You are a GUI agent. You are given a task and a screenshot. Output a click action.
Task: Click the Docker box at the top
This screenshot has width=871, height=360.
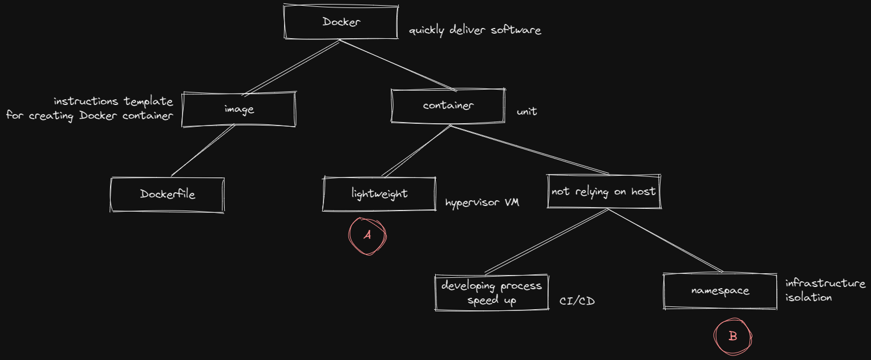click(341, 22)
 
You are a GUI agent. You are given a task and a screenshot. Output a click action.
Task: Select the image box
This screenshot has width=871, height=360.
click(239, 109)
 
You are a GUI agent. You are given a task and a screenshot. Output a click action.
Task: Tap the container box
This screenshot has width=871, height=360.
click(448, 106)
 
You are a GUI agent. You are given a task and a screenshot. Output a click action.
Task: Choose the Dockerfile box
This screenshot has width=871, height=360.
click(167, 195)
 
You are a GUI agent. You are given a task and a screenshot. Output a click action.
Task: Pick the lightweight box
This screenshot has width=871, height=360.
click(379, 193)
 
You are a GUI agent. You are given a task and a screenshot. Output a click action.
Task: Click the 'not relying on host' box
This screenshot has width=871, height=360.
click(603, 192)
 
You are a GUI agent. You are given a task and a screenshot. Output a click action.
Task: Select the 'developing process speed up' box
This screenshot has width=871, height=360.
click(491, 293)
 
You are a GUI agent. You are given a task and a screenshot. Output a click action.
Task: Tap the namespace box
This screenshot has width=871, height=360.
click(720, 291)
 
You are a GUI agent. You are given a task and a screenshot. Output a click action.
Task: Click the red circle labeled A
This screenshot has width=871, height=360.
click(367, 236)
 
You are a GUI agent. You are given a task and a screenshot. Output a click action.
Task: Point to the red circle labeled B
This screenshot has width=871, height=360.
click(733, 337)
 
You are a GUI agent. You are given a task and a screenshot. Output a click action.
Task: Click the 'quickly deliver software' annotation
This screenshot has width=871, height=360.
click(475, 31)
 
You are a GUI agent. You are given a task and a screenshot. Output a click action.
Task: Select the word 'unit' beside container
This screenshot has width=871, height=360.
click(526, 112)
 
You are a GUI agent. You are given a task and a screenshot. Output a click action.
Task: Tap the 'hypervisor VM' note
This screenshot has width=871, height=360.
click(482, 203)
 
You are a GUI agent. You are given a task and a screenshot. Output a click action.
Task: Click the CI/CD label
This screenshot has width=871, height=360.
click(577, 301)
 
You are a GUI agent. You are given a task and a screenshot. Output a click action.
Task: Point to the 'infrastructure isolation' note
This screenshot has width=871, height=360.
click(824, 290)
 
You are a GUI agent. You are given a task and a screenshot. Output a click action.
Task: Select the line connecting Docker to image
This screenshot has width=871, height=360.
click(291, 67)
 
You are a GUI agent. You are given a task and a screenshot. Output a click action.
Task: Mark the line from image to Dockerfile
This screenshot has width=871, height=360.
click(202, 150)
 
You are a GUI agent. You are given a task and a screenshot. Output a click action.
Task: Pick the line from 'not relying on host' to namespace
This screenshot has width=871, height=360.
click(665, 241)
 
